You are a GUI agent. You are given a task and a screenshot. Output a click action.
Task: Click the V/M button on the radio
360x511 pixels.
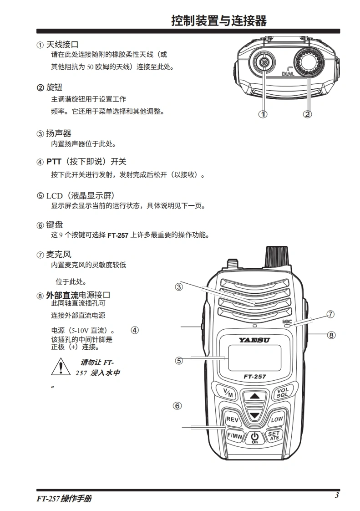pos(228,393)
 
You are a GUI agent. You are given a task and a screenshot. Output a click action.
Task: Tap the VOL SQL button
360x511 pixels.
pos(283,393)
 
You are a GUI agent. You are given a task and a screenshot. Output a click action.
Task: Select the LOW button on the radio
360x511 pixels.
pos(277,419)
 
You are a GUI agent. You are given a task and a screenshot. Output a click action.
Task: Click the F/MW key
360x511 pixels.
pos(234,436)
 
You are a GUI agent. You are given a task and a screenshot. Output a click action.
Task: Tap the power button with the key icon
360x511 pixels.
pos(255,438)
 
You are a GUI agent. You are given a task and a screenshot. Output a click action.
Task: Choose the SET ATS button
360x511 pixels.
pos(274,435)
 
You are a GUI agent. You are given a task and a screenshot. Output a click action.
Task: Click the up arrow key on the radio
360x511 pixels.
pos(254,396)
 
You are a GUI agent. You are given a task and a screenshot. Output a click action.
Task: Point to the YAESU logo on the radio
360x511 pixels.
pos(254,340)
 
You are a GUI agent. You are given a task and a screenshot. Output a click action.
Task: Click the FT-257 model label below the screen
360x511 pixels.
pos(255,376)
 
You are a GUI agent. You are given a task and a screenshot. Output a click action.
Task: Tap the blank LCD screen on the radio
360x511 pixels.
pos(254,358)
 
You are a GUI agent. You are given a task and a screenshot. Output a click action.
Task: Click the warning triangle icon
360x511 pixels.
pos(61,367)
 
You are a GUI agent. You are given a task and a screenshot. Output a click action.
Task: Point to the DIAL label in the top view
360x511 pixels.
pos(288,74)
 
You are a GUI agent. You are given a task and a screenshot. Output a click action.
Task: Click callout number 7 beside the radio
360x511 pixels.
pos(330,314)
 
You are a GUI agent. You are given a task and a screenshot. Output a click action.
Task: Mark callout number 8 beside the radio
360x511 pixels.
pos(331,335)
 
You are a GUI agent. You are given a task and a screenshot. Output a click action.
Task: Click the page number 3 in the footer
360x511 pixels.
pos(337,496)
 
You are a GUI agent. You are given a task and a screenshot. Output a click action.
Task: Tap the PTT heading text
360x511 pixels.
pos(86,162)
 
